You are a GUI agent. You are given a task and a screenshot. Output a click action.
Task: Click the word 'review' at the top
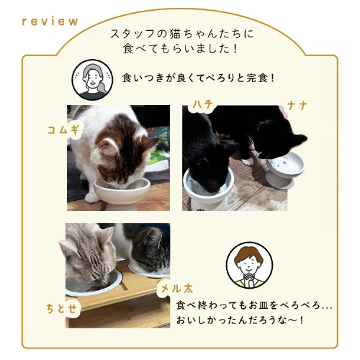pos(50,21)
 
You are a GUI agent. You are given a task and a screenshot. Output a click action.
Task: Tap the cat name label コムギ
pos(62,130)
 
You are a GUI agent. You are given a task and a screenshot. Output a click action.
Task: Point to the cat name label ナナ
pos(297,106)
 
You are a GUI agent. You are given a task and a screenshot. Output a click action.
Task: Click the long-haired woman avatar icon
pos(91,80)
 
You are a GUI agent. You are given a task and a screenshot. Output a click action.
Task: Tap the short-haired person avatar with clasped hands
pos(246,266)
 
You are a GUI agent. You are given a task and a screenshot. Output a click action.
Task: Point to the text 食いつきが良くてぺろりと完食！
pos(199,76)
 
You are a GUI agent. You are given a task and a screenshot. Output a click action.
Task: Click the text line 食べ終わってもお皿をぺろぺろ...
pos(254,305)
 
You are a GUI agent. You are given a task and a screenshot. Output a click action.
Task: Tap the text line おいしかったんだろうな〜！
pos(240,319)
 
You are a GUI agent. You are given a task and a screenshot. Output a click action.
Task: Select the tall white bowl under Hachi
pos(205,189)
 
